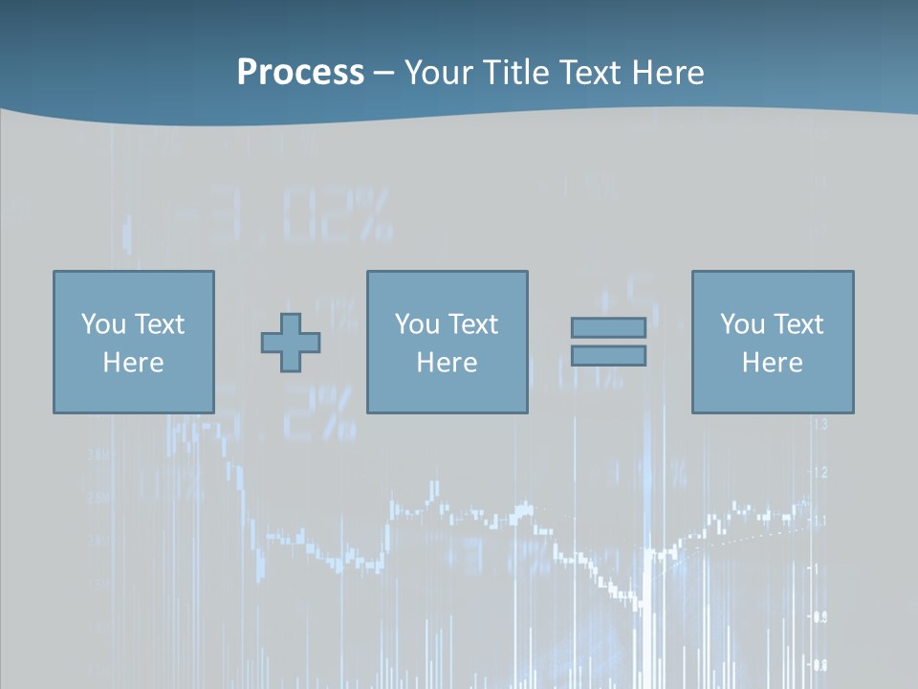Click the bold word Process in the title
coord(299,72)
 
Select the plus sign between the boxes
coord(291,342)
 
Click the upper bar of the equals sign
coord(608,327)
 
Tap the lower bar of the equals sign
coord(608,355)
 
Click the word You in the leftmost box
coord(102,323)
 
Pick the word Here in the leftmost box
coord(133,363)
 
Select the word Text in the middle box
coord(472,323)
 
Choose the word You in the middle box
coord(416,323)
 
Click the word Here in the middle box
coord(447,363)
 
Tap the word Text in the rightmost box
coord(798,323)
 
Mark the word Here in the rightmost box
coord(772,363)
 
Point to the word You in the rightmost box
coord(741,323)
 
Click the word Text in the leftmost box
coord(159,323)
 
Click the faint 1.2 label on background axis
coord(820,472)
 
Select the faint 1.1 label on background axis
coord(820,521)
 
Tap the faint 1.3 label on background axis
coord(820,424)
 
